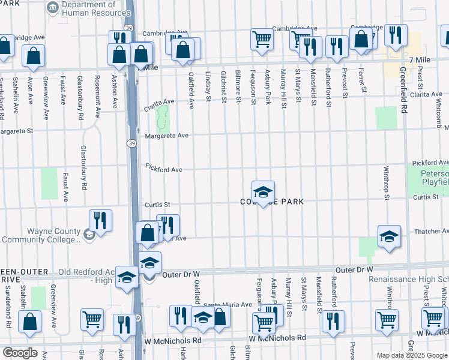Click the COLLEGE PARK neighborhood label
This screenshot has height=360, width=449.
[272, 202]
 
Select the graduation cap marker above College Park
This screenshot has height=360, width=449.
[263, 192]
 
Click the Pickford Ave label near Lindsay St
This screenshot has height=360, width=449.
[163, 170]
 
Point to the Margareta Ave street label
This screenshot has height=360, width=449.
[166, 136]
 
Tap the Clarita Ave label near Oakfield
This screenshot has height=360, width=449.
[158, 105]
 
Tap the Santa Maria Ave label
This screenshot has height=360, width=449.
[228, 305]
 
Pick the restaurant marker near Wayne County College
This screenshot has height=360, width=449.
[100, 220]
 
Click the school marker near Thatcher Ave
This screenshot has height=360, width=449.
[389, 236]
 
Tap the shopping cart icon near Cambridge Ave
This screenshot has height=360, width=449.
[262, 39]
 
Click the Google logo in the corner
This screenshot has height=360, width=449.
[20, 353]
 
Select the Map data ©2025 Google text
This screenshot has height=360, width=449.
[411, 355]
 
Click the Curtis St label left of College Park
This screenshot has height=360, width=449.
[157, 205]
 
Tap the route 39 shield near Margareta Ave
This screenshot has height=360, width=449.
[131, 143]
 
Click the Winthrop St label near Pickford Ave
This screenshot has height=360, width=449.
[387, 183]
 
